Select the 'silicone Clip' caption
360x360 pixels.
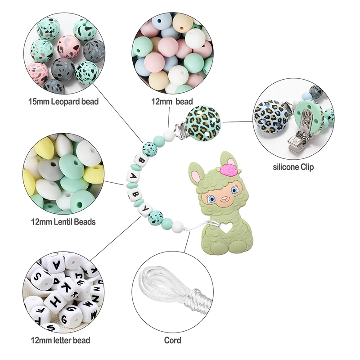tap(294, 167)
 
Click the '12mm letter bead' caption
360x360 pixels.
tap(61, 340)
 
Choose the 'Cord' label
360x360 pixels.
tap(173, 340)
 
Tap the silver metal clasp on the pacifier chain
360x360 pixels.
tap(175, 130)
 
